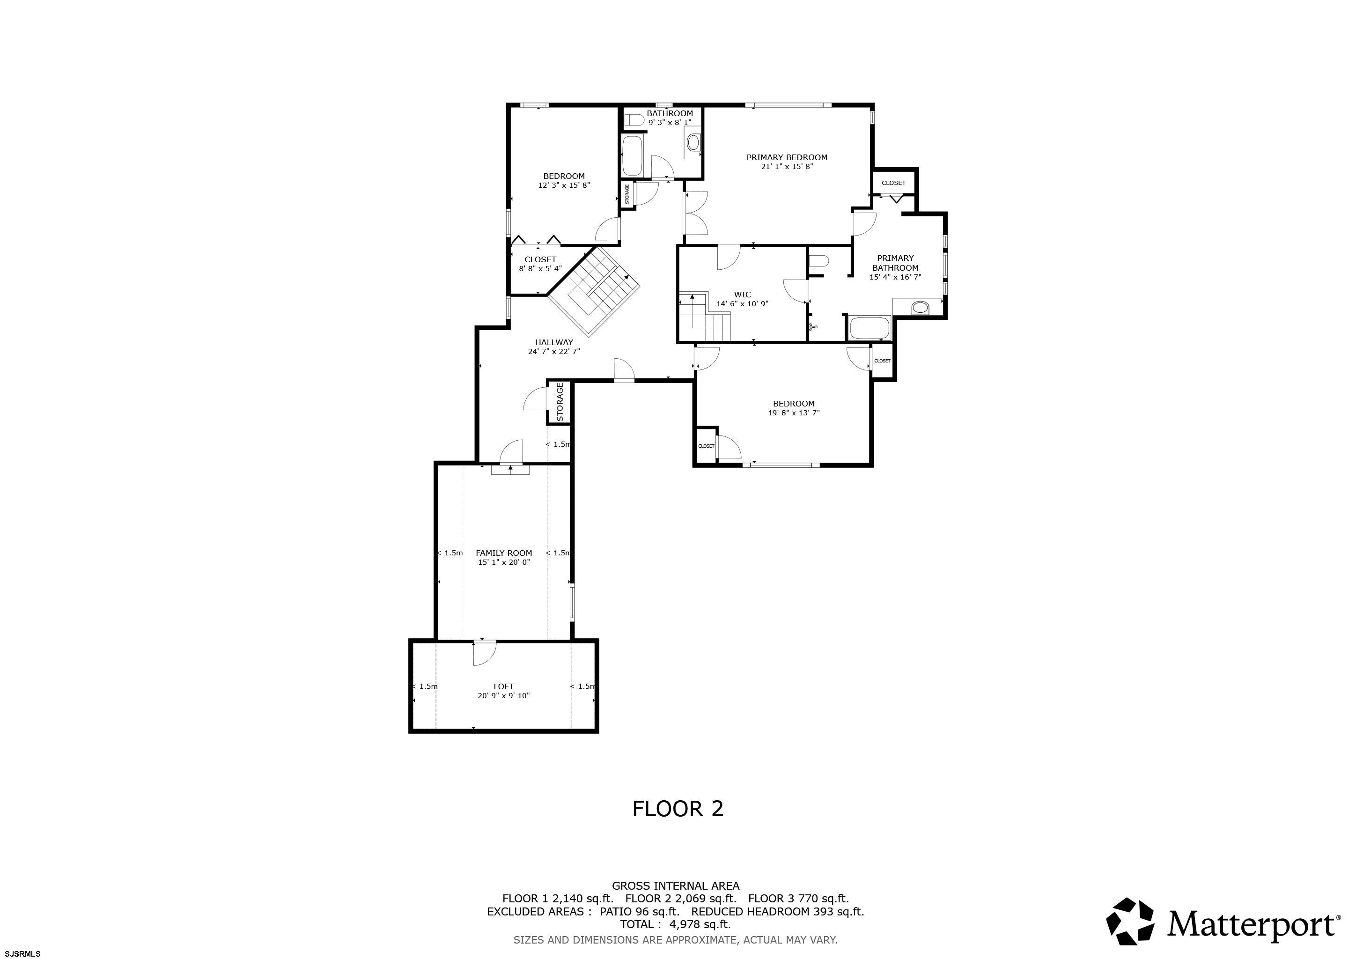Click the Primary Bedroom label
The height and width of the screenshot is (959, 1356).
tap(787, 157)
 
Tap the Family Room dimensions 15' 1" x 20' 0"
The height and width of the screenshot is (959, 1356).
tap(504, 562)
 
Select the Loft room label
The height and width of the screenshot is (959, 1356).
tap(504, 686)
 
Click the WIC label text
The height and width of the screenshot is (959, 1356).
tap(742, 295)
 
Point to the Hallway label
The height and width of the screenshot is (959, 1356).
tap(554, 342)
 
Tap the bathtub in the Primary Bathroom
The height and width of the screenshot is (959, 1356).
tap(870, 328)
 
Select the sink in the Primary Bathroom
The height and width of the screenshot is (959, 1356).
tap(920, 308)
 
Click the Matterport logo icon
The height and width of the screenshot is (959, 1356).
tap(1130, 921)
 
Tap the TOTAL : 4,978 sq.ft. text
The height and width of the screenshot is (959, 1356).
tap(676, 924)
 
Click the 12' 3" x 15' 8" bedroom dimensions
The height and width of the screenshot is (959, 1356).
tap(564, 185)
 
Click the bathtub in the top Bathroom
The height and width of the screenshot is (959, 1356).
tap(633, 156)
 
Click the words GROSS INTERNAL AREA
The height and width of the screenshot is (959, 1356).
tap(676, 886)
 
